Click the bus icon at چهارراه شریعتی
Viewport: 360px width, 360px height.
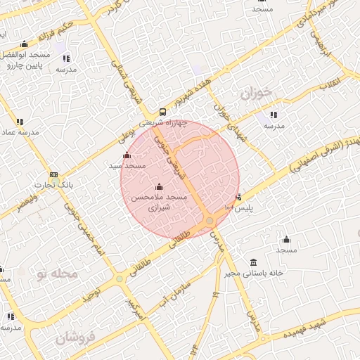point(162,112)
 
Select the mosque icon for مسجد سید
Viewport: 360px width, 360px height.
point(127,155)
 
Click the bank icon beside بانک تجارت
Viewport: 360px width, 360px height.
point(54,175)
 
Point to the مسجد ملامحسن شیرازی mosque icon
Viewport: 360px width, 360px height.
point(158,187)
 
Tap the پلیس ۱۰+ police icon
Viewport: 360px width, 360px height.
point(239,197)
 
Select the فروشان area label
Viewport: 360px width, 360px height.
point(75,339)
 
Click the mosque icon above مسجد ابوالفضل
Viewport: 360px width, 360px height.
point(25,44)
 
